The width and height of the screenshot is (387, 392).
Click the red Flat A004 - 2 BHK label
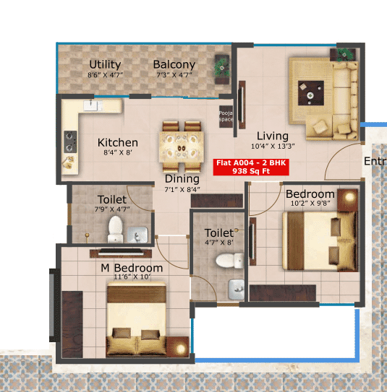click(251, 167)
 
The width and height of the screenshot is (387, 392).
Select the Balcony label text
click(174, 64)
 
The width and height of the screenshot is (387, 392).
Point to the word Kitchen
click(118, 143)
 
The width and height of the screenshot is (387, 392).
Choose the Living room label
click(273, 136)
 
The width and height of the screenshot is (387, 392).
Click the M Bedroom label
click(132, 268)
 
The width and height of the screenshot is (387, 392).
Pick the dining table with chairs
click(182, 138)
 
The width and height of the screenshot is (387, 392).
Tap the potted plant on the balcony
click(221, 67)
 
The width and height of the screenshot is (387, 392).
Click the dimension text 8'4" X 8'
click(117, 153)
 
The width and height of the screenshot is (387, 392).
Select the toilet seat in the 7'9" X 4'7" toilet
click(114, 230)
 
